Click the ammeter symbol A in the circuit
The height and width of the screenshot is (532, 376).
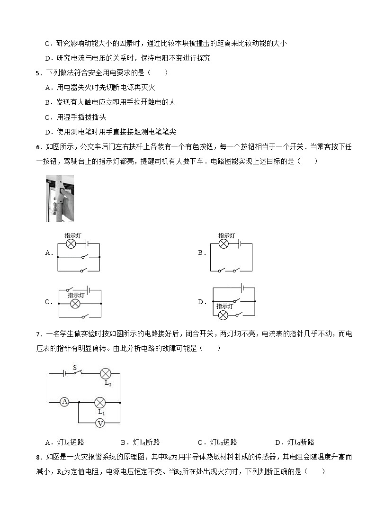(65, 402)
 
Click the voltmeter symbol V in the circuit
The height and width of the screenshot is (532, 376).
(99, 424)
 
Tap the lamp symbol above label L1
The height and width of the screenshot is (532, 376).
(99, 402)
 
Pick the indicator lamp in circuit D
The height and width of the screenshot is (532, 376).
(223, 314)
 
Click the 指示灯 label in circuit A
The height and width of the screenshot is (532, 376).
(72, 235)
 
